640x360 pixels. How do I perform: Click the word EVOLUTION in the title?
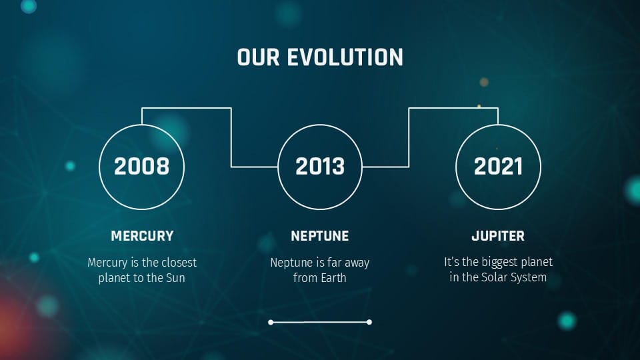pyautogui.click(x=345, y=57)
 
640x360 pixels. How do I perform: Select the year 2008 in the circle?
pyautogui.click(x=141, y=167)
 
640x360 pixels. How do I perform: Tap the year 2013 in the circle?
pyautogui.click(x=320, y=167)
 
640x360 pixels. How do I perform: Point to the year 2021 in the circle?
pyautogui.click(x=498, y=167)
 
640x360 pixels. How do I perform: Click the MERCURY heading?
pyautogui.click(x=142, y=236)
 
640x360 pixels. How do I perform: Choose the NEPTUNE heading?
pyautogui.click(x=320, y=236)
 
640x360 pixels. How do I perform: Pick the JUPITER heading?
pyautogui.click(x=498, y=236)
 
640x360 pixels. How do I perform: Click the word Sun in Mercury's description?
pyautogui.click(x=175, y=278)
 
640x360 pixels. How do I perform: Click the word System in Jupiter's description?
pyautogui.click(x=528, y=278)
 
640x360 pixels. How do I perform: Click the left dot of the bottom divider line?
pyautogui.click(x=271, y=322)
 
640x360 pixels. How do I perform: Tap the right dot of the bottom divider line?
pyautogui.click(x=369, y=322)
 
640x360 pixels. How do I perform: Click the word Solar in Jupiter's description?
pyautogui.click(x=494, y=278)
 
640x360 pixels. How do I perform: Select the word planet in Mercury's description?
pyautogui.click(x=115, y=278)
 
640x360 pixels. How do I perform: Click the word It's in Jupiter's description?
pyautogui.click(x=453, y=262)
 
